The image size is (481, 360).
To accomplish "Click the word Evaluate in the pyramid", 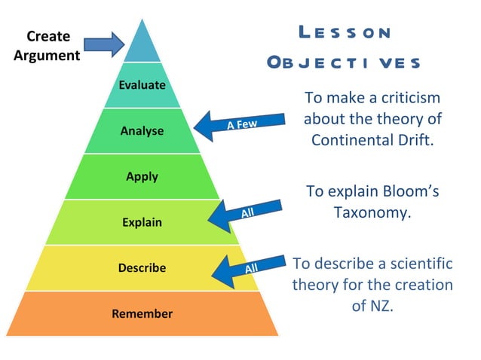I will [142, 85].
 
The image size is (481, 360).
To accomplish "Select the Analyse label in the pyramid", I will [142, 131].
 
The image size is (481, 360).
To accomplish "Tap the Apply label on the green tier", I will [142, 177].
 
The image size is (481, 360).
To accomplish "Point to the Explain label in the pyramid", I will [142, 223].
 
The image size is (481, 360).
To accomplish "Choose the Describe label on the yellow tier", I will [142, 268].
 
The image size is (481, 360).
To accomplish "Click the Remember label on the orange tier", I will [142, 313].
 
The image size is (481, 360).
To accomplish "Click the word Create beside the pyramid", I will [48, 36].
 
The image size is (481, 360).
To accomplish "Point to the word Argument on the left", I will [48, 55].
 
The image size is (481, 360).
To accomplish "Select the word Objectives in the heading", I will [344, 63].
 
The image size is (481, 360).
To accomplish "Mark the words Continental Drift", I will [372, 140].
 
